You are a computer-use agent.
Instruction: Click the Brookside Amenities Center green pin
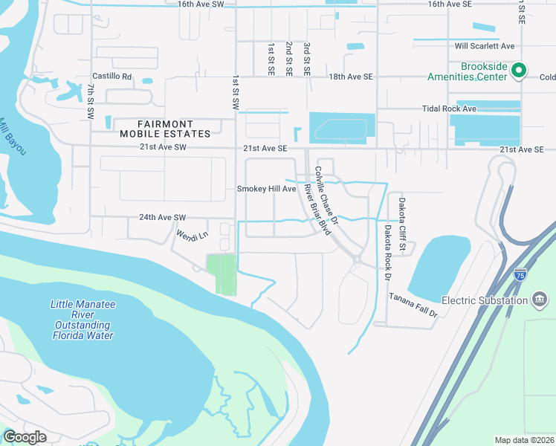(x=520, y=71)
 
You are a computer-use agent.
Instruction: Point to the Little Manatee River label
(x=83, y=320)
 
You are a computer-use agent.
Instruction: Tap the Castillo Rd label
(x=111, y=77)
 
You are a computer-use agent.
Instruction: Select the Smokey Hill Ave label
(x=266, y=189)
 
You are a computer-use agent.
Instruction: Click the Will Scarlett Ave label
(x=485, y=46)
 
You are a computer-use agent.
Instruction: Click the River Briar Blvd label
(x=317, y=210)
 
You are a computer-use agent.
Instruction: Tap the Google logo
(x=25, y=437)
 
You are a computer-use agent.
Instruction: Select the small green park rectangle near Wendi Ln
(x=222, y=274)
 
